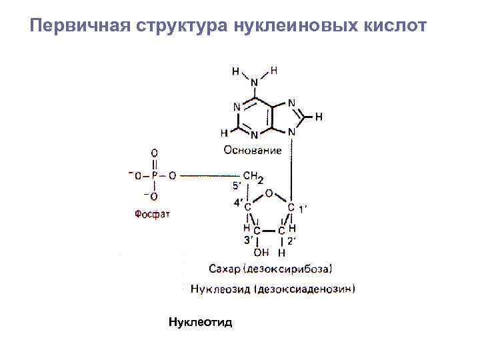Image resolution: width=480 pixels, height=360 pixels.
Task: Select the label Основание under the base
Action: [x=253, y=151]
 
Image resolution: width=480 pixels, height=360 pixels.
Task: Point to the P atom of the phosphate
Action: [x=154, y=176]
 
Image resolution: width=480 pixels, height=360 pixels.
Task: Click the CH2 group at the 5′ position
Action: [x=253, y=177]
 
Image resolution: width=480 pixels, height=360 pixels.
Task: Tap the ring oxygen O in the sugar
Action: [x=269, y=193]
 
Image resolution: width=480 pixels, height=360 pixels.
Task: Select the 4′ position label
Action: [x=238, y=202]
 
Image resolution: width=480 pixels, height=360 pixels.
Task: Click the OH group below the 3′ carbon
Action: [x=261, y=252]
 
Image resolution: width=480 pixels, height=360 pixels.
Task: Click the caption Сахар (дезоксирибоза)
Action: [x=269, y=269]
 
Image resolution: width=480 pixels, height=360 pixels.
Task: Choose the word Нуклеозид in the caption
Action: [x=219, y=289]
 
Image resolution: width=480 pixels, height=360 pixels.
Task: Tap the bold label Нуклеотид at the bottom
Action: [x=200, y=323]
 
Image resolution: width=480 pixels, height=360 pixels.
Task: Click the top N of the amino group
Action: [x=254, y=83]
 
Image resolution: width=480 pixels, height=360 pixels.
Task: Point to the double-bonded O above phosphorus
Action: [x=154, y=153]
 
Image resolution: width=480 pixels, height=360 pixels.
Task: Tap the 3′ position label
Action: [x=247, y=240]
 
